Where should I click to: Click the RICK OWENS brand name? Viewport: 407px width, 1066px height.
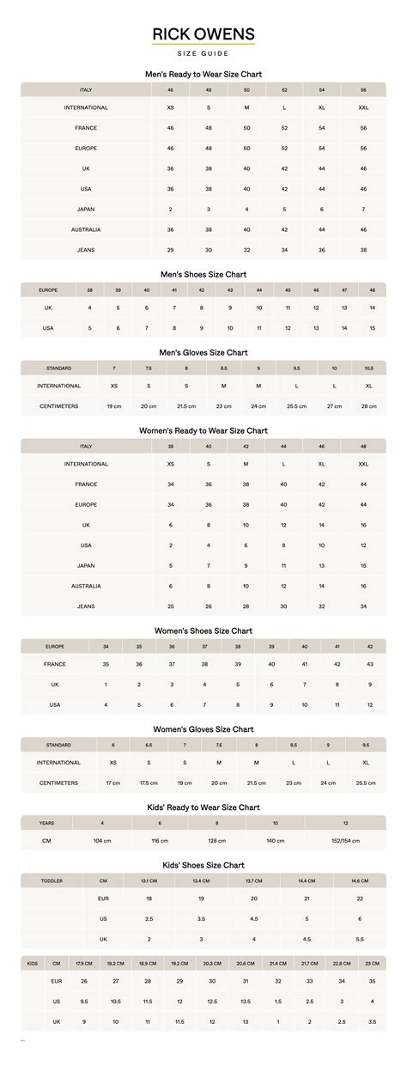[203, 34]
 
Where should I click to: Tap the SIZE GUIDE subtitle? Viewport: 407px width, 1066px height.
[203, 53]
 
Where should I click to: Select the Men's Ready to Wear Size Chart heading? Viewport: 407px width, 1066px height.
[203, 75]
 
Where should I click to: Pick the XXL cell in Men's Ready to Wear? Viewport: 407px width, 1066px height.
[363, 108]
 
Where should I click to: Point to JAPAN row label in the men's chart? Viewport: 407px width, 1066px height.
[86, 210]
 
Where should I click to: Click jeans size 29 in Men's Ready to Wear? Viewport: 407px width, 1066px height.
[171, 250]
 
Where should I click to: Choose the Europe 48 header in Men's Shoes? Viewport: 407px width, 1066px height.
[373, 290]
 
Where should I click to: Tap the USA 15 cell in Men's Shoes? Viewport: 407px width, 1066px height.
[373, 328]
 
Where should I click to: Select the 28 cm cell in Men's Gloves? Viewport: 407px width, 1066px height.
[368, 405]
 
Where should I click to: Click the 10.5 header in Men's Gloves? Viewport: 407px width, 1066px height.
[368, 368]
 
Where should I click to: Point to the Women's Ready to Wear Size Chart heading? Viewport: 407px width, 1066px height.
[203, 430]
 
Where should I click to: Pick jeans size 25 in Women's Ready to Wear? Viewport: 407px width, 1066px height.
[171, 606]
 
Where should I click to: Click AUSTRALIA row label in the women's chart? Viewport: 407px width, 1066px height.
[86, 586]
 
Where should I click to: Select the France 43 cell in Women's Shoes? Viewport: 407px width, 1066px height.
[369, 664]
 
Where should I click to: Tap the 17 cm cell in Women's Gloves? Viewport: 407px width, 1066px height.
[113, 783]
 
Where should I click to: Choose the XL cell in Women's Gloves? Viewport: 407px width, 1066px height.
[367, 762]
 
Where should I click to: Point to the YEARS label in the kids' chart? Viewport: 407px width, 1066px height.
[46, 823]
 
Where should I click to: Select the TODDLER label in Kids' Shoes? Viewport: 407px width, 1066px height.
[52, 880]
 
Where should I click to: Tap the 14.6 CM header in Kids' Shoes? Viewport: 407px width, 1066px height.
[359, 880]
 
